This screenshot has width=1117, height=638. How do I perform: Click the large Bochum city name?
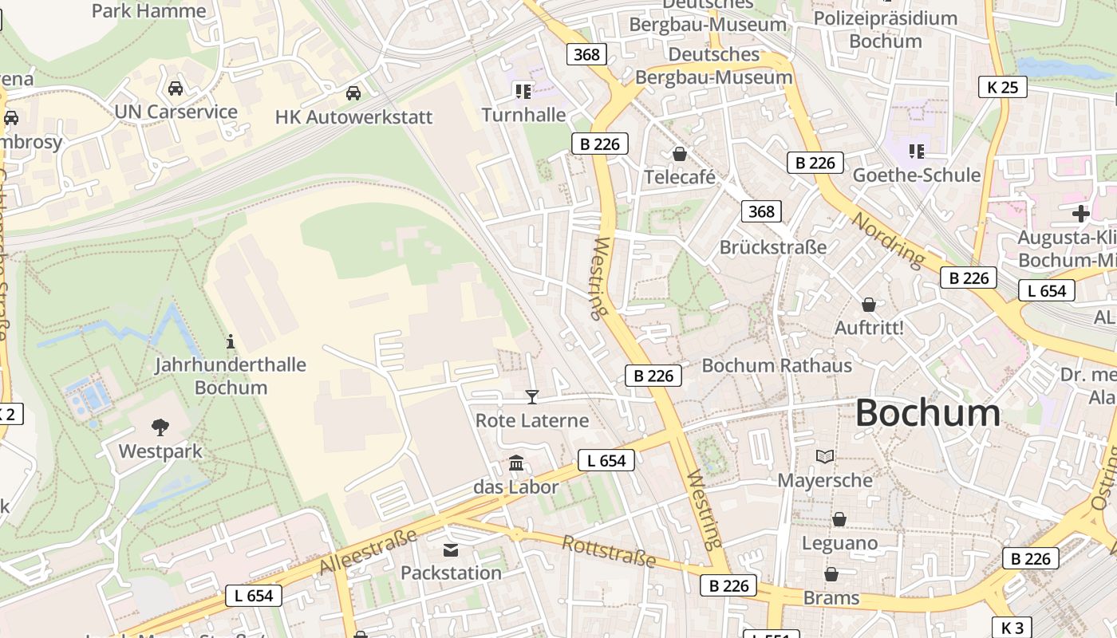928,413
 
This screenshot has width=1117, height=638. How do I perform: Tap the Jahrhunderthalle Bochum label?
231,376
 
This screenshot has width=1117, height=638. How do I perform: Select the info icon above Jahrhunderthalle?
231,342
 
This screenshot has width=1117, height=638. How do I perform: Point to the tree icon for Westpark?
160,427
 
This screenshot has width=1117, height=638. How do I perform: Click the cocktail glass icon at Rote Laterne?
532,396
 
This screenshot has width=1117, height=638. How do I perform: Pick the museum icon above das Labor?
516,463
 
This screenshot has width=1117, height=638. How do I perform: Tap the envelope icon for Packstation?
451,549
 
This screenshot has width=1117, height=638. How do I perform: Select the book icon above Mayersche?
825,457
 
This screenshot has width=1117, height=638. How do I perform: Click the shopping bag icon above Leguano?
839,520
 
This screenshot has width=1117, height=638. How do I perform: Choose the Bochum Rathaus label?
776,365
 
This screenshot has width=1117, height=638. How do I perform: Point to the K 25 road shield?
1002,87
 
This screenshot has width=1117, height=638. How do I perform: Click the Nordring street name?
888,239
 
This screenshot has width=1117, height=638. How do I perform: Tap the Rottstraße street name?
609,552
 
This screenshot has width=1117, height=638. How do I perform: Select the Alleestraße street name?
368,550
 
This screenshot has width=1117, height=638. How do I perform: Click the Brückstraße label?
773,247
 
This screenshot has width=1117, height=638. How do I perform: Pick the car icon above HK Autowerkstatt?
353,93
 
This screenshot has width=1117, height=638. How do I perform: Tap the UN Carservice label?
176,112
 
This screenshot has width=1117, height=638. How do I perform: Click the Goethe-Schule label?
917,175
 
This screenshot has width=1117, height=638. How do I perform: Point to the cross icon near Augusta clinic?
1081,214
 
